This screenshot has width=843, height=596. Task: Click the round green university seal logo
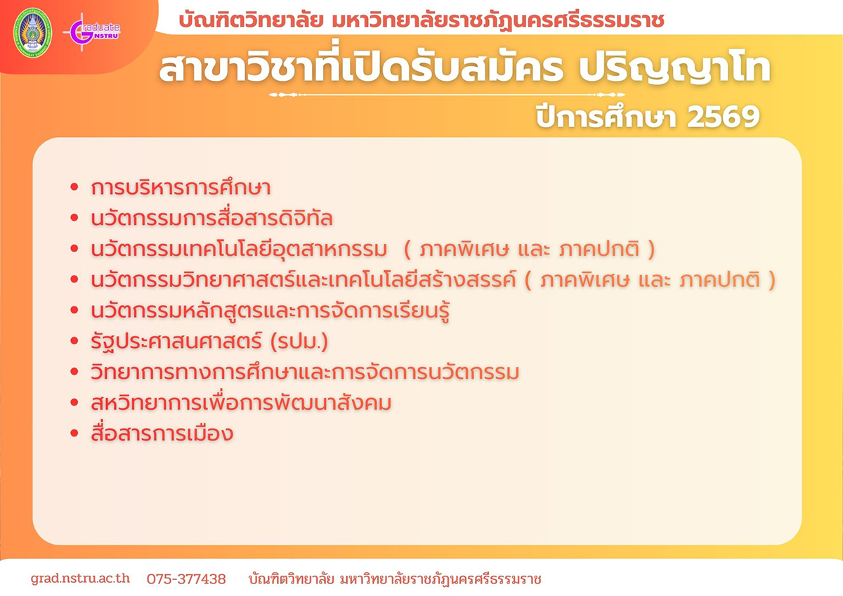click(33, 32)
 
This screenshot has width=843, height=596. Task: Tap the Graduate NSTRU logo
click(92, 32)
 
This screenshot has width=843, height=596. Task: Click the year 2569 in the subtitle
click(723, 117)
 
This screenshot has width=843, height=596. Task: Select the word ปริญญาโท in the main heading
click(674, 70)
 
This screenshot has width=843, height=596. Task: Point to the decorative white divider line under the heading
click(447, 94)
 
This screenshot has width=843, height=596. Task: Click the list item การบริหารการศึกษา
click(181, 187)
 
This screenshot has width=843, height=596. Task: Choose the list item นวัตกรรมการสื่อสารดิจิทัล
click(212, 218)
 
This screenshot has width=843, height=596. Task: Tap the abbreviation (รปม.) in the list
click(299, 342)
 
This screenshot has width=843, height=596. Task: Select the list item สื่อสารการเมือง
click(162, 433)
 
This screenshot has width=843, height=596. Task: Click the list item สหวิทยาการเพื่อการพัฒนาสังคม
click(241, 402)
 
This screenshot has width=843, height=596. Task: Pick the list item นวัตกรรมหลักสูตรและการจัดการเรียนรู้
click(270, 311)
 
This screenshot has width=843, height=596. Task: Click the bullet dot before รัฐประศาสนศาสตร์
click(74, 341)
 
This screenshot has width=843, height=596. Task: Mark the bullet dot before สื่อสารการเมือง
click(74, 433)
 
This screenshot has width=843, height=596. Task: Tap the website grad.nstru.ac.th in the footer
click(80, 578)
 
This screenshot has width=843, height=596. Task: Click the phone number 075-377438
click(186, 578)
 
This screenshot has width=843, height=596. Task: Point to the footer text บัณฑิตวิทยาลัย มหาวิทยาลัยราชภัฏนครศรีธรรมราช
click(395, 578)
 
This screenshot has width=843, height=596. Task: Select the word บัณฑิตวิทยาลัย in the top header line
click(251, 20)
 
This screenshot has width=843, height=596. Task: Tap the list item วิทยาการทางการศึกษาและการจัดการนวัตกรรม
click(305, 372)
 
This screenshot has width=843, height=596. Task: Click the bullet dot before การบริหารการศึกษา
click(74, 187)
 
